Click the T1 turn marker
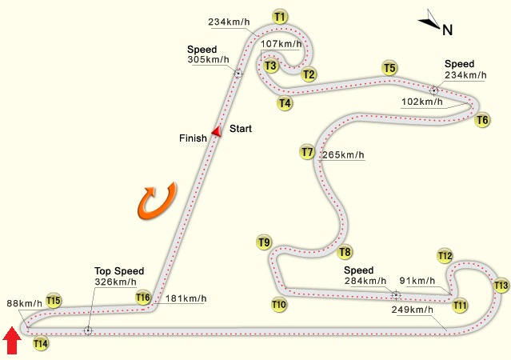(280, 16)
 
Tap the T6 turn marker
(482, 120)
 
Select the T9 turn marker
(265, 242)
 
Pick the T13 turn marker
(501, 286)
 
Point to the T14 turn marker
(41, 343)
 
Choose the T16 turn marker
(143, 298)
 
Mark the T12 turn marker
(445, 255)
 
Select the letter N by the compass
(448, 30)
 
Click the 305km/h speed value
(209, 58)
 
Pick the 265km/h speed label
(343, 154)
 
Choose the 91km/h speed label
(417, 281)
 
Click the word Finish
(193, 138)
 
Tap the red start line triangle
(215, 130)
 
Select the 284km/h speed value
(366, 281)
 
